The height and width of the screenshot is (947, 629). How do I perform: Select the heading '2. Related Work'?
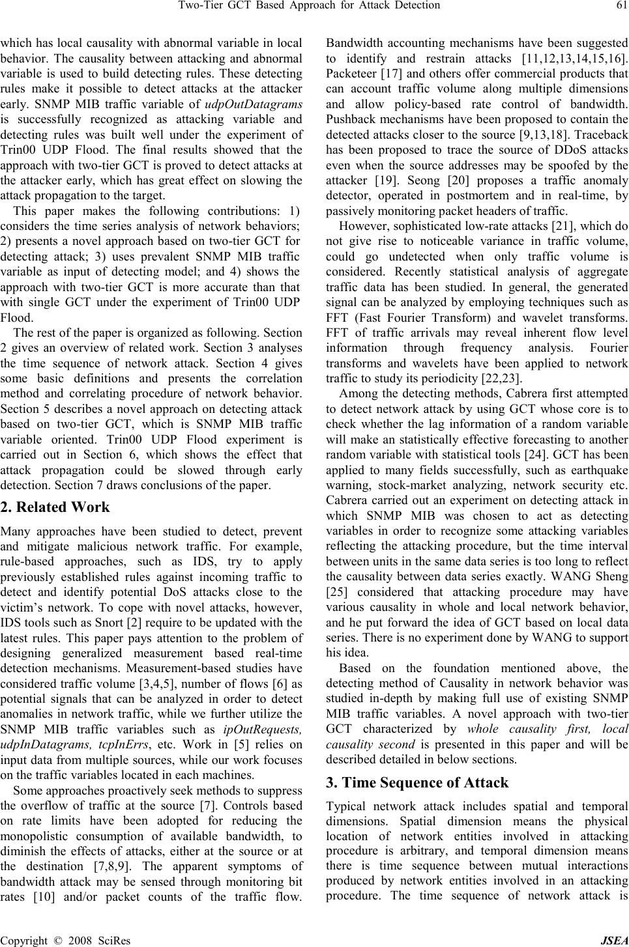pos(55,507)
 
